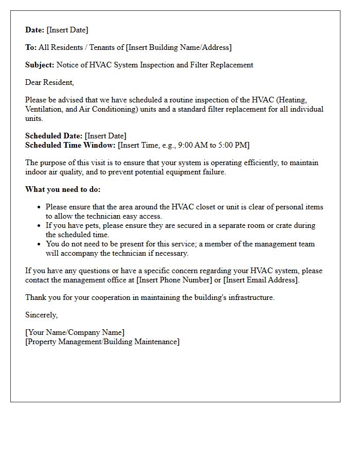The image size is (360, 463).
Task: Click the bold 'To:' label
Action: pyautogui.click(x=31, y=47)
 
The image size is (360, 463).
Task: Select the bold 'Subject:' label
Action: pyautogui.click(x=40, y=65)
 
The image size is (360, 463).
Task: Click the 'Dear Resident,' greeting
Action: pyautogui.click(x=49, y=82)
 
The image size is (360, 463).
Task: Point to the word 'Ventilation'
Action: pyautogui.click(x=44, y=109)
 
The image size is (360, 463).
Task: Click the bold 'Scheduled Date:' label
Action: pyautogui.click(x=53, y=136)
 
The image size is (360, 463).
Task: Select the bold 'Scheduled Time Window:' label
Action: pyautogui.click(x=70, y=145)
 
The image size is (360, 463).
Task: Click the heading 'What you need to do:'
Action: pyautogui.click(x=63, y=189)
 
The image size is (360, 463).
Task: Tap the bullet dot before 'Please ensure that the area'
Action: pyautogui.click(x=39, y=207)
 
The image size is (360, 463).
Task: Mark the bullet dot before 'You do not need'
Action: pyautogui.click(x=39, y=244)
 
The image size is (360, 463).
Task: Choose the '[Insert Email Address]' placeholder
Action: pyautogui.click(x=261, y=280)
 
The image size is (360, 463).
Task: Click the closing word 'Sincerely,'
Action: pyautogui.click(x=42, y=315)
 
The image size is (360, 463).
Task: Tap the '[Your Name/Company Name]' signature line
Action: pyautogui.click(x=75, y=332)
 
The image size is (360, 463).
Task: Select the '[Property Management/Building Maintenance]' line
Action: pyautogui.click(x=102, y=342)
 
